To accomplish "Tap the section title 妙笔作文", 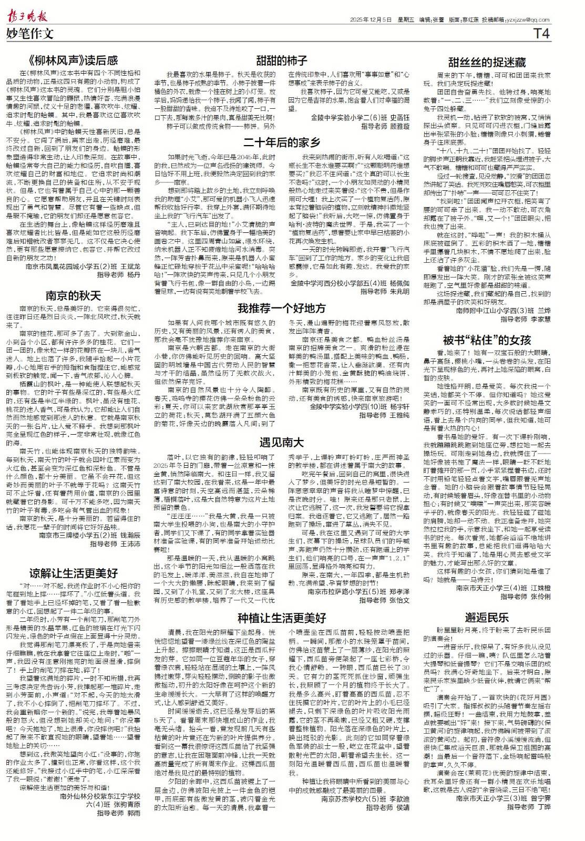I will click(30, 34).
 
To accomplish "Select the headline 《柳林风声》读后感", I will click(73, 60).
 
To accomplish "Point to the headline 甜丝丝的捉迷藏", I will click(487, 63).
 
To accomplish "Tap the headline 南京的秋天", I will click(73, 295).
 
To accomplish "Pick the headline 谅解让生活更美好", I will click(73, 558).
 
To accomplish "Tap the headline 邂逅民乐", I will click(487, 617).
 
